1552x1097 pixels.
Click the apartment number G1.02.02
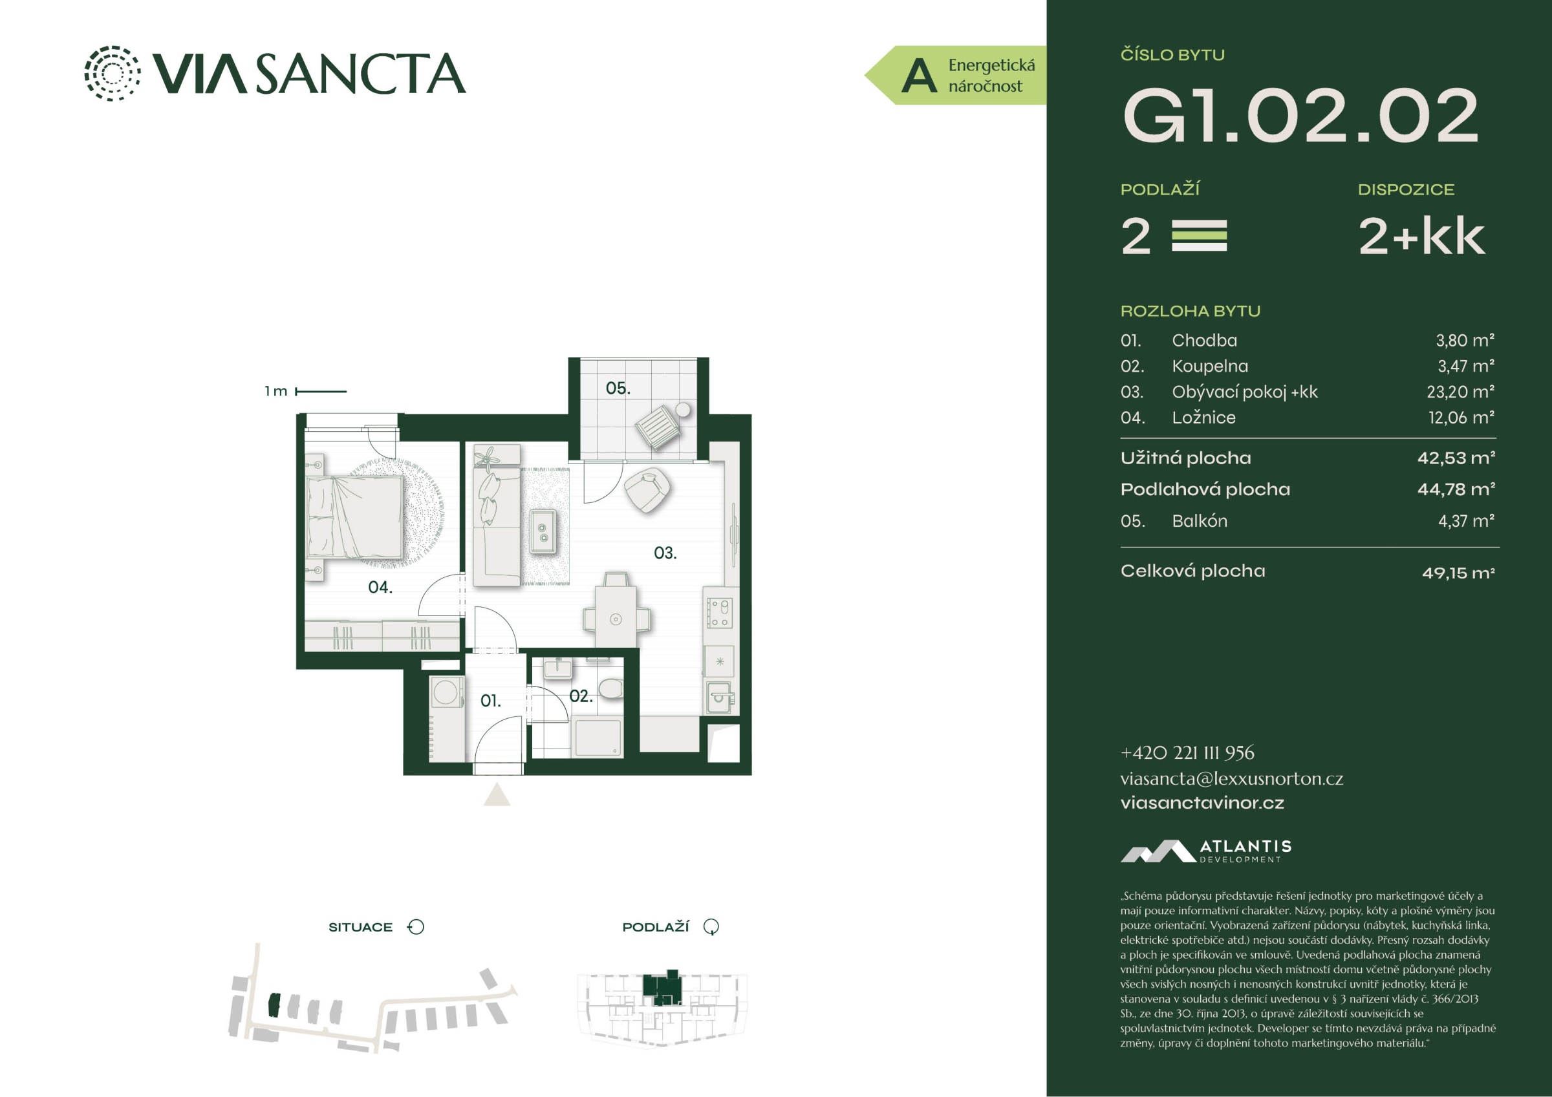click(x=1300, y=116)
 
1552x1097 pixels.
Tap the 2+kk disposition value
click(x=1421, y=237)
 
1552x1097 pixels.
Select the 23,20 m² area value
click(x=1460, y=392)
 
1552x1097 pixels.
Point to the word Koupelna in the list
click(x=1210, y=367)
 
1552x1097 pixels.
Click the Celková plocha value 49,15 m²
click(x=1458, y=573)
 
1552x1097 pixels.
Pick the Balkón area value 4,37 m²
click(x=1465, y=521)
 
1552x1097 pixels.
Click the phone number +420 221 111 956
click(x=1187, y=752)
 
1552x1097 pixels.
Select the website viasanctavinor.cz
click(x=1202, y=803)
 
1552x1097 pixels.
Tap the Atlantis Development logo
click(x=1206, y=851)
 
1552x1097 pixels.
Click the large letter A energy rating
click(x=920, y=76)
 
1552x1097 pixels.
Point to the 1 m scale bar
click(x=321, y=391)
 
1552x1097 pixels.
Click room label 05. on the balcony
click(x=618, y=389)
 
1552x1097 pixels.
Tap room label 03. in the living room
click(x=665, y=553)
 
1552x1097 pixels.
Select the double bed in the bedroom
click(x=355, y=517)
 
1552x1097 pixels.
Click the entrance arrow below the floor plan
click(x=497, y=794)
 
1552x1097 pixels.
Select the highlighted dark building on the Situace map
click(x=274, y=1005)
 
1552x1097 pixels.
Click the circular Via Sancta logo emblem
click(x=113, y=73)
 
